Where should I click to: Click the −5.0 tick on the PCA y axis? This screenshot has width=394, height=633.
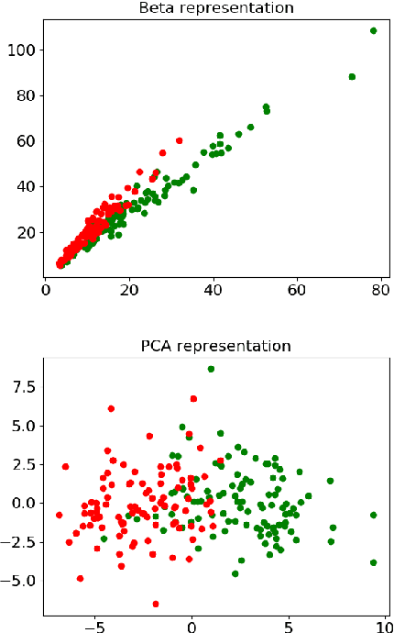pos(18,581)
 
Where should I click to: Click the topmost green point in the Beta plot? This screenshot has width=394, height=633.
pos(374,30)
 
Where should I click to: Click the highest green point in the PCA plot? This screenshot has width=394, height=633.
pos(211,369)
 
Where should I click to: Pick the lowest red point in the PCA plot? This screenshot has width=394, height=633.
pos(156,604)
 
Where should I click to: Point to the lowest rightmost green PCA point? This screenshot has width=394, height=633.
pos(374,562)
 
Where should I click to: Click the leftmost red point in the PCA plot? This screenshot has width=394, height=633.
pos(60,515)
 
